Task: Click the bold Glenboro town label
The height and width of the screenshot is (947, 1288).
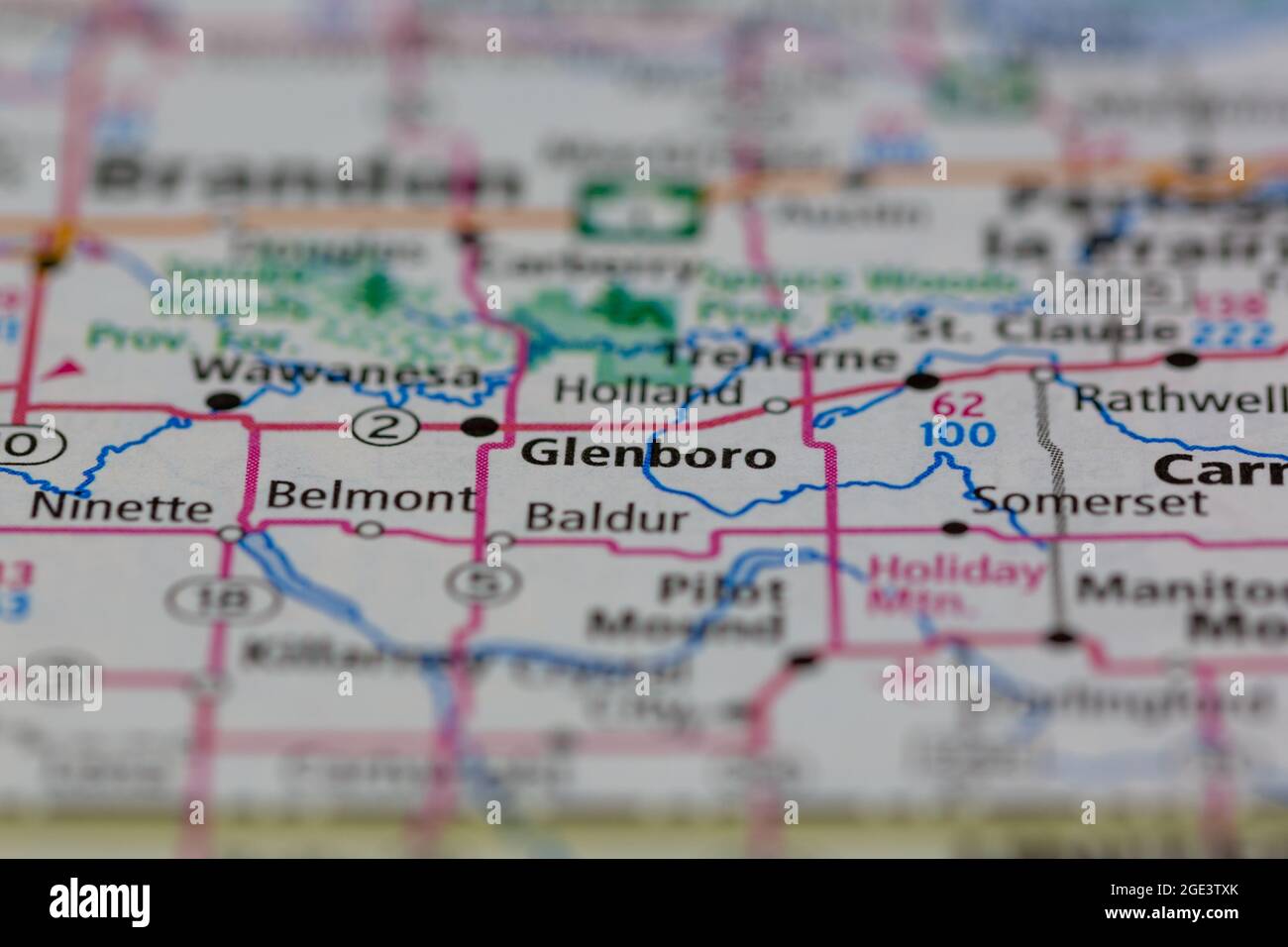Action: click(648, 455)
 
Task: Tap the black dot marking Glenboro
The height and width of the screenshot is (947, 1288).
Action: click(482, 427)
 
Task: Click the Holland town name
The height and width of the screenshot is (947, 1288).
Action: click(649, 390)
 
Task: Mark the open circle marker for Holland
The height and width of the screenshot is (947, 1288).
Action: click(778, 404)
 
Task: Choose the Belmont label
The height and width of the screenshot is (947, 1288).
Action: click(371, 496)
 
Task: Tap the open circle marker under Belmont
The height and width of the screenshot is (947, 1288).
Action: click(370, 530)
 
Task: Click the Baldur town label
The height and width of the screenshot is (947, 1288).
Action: click(607, 517)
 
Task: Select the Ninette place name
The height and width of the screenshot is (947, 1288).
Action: click(122, 508)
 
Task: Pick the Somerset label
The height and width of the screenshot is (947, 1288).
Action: click(1091, 501)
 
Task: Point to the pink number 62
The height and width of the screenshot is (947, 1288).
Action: click(959, 405)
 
